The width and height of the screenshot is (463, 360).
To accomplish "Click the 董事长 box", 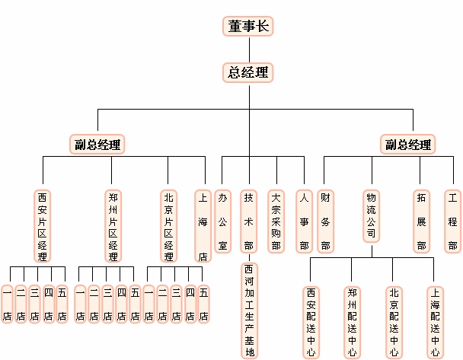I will pos(248,26).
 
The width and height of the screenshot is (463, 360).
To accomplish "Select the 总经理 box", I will pos(248,72).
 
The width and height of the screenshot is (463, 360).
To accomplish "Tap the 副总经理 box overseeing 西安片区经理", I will pos(97,144).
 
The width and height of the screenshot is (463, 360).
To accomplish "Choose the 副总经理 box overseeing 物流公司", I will pos(407,144).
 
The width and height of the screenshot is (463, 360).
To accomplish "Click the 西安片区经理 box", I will pos(43,225).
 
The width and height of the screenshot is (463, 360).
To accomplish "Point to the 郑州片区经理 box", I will pos(113,225).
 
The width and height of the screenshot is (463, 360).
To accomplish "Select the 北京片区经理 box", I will pos(169,225).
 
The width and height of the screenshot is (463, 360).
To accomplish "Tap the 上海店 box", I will pos(203,225).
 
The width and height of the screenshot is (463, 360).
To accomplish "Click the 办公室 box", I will pos(222,221).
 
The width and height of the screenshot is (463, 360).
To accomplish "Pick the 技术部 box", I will pos(248,221).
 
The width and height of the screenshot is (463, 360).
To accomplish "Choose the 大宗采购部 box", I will pos(276,221).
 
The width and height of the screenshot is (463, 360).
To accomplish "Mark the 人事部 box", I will pos(304,221).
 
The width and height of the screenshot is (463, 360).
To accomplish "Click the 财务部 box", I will pos(325,221).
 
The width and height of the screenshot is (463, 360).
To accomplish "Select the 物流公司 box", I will pos(371,216).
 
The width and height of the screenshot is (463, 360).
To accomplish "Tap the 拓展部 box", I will pos(420,221).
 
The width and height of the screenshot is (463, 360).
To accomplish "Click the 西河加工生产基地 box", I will pos(249,310).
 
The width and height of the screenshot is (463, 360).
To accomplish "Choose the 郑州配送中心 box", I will pos(352,320).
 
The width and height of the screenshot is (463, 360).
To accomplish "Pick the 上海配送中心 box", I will pos(434,320).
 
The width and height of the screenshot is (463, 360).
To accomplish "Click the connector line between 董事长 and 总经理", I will pos(248,49).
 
